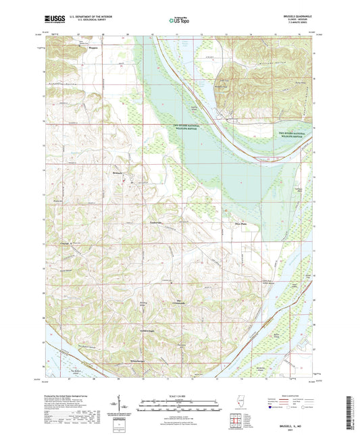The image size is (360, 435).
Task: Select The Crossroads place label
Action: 180,301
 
